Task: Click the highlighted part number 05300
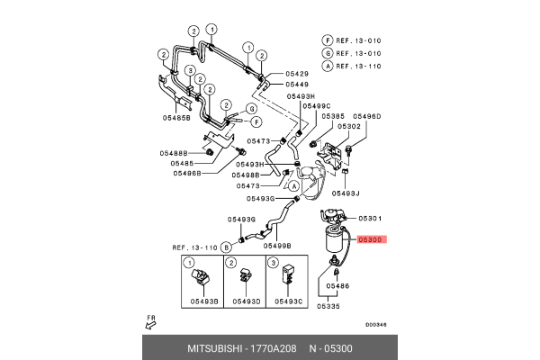coord(371,240)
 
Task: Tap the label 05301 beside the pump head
coord(371,218)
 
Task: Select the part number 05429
coord(298,72)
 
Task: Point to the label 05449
coord(298,85)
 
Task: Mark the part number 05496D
coord(366,116)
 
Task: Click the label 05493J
coord(345,193)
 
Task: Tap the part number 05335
coord(328,306)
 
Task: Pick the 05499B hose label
coord(277,245)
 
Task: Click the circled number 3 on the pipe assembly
coord(191,69)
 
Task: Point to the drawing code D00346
coord(375,326)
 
